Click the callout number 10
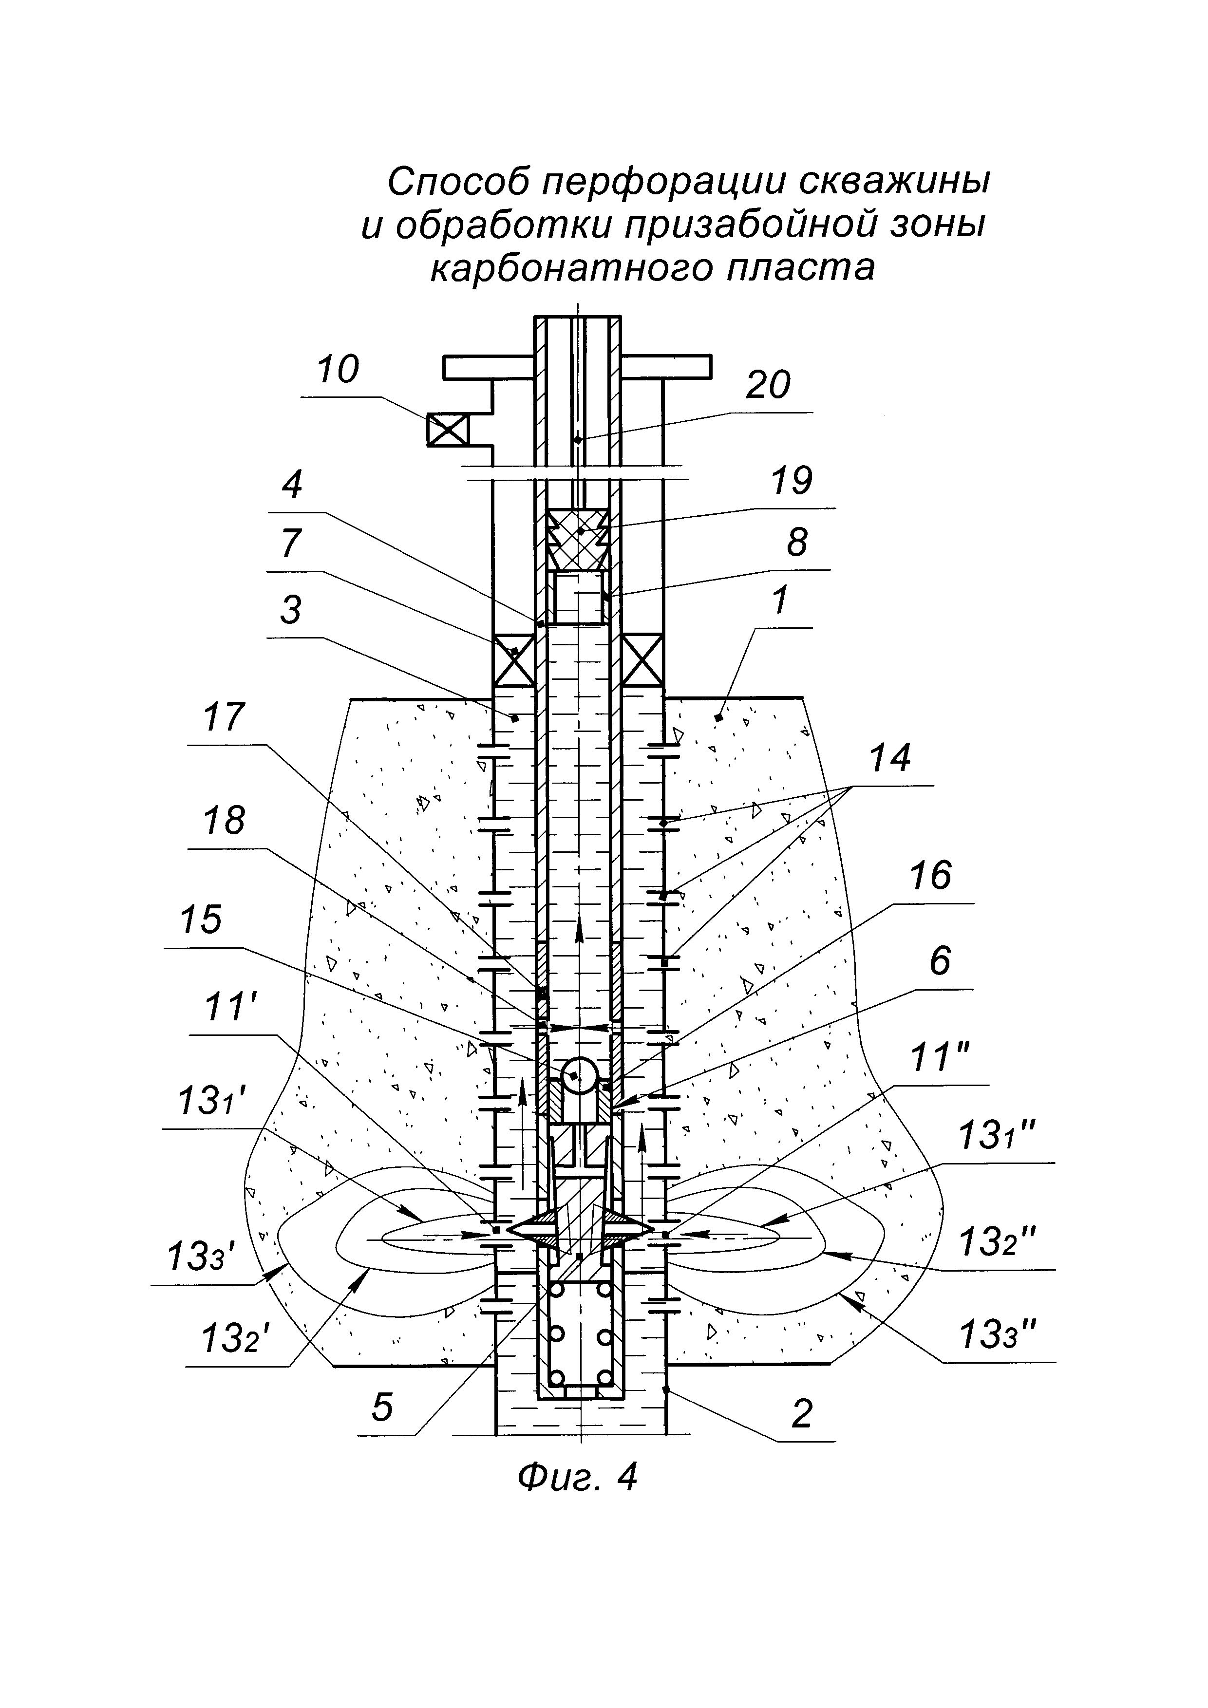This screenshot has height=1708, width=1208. click(x=339, y=370)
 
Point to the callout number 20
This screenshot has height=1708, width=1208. click(x=768, y=385)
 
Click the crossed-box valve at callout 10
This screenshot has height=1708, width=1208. click(x=448, y=430)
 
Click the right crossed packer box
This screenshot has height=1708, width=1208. click(x=642, y=660)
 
